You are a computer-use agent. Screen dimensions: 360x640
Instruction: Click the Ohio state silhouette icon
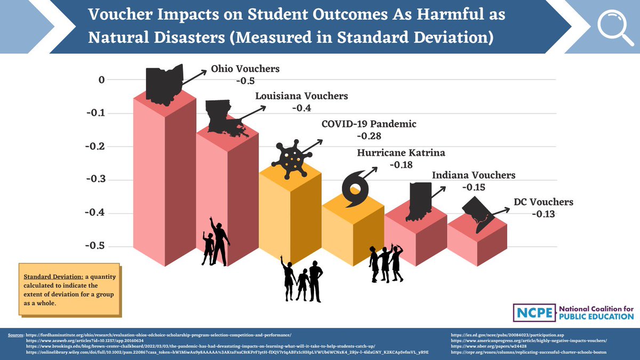pyautogui.click(x=163, y=84)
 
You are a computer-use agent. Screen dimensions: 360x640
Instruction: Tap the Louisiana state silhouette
pyautogui.click(x=224, y=117)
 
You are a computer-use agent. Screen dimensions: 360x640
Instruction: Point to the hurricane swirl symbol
pyautogui.click(x=355, y=189)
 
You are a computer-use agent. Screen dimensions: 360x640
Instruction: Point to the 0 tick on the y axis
pyautogui.click(x=101, y=80)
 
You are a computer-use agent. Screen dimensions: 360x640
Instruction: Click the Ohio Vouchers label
pyautogui.click(x=245, y=69)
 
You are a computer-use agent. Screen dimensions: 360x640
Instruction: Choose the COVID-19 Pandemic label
pyautogui.click(x=369, y=124)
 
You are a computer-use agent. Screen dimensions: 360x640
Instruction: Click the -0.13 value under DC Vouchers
pyautogui.click(x=543, y=214)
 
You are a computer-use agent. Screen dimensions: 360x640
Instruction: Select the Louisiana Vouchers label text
pyautogui.click(x=301, y=97)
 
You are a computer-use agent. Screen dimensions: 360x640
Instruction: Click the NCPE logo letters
pyautogui.click(x=532, y=312)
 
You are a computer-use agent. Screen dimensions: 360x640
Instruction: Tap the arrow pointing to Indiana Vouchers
pyautogui.click(x=438, y=191)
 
